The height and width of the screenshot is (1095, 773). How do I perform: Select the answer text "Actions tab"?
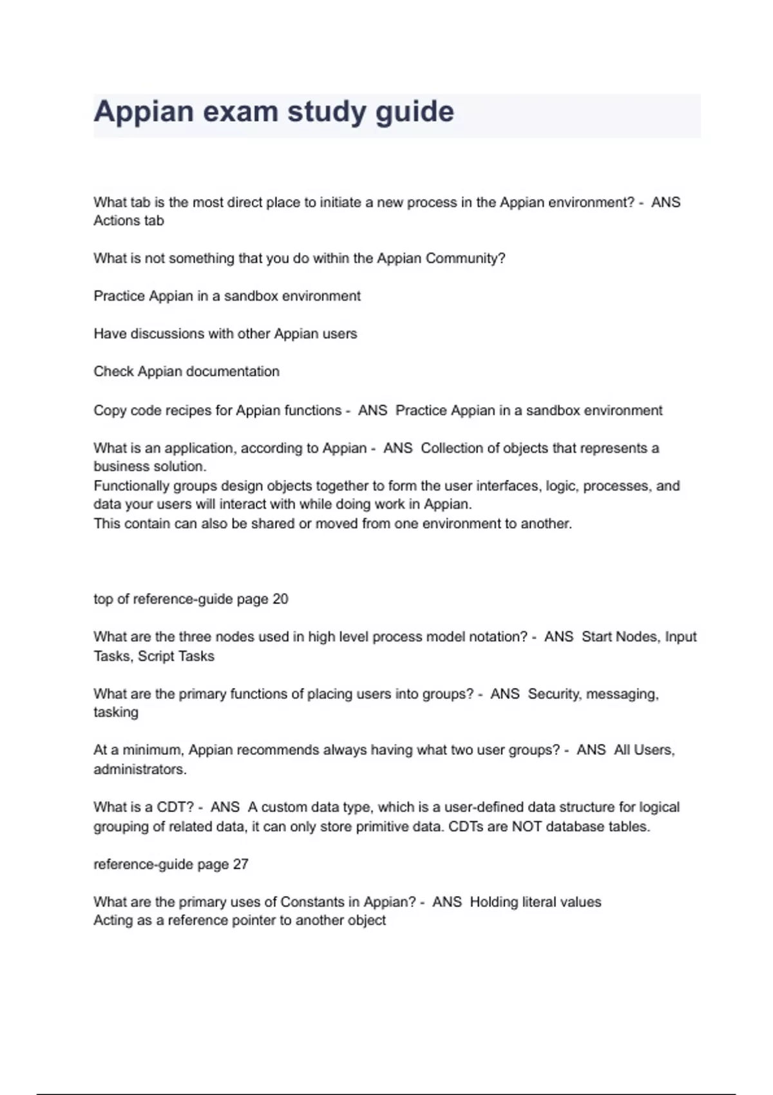click(129, 220)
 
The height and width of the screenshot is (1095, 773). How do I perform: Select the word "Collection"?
click(452, 448)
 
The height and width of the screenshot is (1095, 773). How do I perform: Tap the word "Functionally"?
click(131, 486)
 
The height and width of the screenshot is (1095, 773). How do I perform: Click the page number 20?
click(280, 599)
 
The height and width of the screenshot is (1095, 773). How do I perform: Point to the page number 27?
click(240, 864)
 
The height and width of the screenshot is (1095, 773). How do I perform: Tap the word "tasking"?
click(116, 712)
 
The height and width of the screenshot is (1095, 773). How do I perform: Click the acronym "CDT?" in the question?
click(175, 807)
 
